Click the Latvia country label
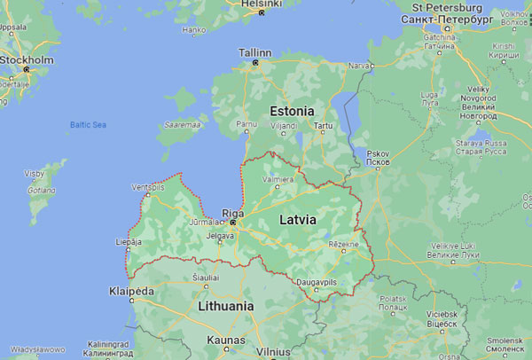(299, 217)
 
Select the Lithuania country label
(222, 306)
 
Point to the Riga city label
(232, 213)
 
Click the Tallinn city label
(255, 52)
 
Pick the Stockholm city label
(27, 59)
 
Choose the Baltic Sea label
(88, 124)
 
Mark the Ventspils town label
(148, 188)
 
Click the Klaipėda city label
(130, 291)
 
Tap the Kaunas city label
(225, 339)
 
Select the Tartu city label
(323, 126)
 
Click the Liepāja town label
(129, 240)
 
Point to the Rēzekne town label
(344, 244)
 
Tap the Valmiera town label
(279, 180)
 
